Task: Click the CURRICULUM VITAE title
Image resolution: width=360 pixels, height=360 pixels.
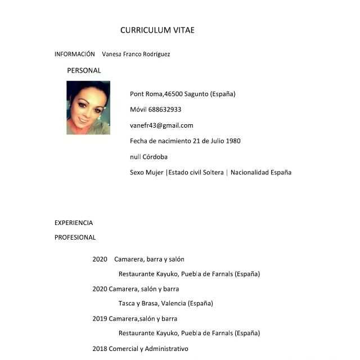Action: (157, 30)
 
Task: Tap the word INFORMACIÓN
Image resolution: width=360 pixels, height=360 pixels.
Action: (74, 55)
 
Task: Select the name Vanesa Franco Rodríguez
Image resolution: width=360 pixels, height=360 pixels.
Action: (136, 55)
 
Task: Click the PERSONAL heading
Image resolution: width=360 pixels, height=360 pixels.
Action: (84, 71)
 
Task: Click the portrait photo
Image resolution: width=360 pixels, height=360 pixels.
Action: (88, 107)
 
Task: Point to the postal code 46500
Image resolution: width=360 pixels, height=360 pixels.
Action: (174, 94)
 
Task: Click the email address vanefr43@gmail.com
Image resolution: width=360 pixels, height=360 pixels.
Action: (161, 125)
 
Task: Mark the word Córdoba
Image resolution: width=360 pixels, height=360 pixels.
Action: (155, 157)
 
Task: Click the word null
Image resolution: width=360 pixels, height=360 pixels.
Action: (135, 157)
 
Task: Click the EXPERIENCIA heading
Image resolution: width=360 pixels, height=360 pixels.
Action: (74, 223)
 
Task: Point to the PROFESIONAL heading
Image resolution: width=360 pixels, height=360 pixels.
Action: (75, 237)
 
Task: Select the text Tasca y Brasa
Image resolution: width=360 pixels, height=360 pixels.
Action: (138, 304)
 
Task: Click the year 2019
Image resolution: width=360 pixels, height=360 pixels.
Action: (100, 318)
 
